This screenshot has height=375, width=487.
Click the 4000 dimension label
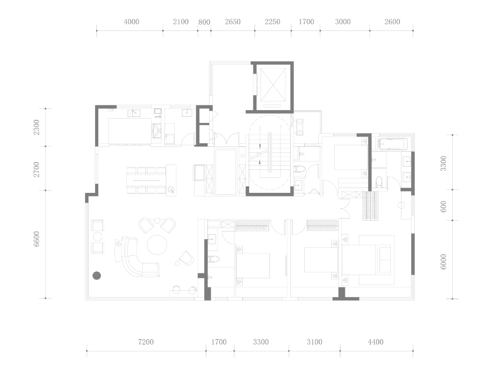(132, 22)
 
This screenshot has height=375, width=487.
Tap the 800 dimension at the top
(204, 22)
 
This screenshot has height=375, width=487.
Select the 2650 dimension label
(233, 22)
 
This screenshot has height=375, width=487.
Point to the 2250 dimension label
(273, 22)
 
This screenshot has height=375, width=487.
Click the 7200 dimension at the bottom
(146, 342)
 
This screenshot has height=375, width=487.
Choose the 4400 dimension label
(375, 342)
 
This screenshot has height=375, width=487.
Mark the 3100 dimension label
(314, 342)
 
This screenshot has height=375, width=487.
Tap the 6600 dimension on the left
(37, 239)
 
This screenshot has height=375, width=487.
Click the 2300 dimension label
(37, 127)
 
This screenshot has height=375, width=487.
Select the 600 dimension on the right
(443, 206)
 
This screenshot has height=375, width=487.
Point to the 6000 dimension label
(443, 262)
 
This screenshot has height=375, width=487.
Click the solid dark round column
(97, 275)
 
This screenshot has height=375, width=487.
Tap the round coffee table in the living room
(157, 245)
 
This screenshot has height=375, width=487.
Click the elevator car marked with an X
(273, 85)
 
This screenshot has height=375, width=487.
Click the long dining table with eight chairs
(146, 181)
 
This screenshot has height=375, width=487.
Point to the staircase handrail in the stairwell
(270, 152)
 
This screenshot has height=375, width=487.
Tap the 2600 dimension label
(392, 22)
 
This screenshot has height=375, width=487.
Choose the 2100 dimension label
(181, 22)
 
